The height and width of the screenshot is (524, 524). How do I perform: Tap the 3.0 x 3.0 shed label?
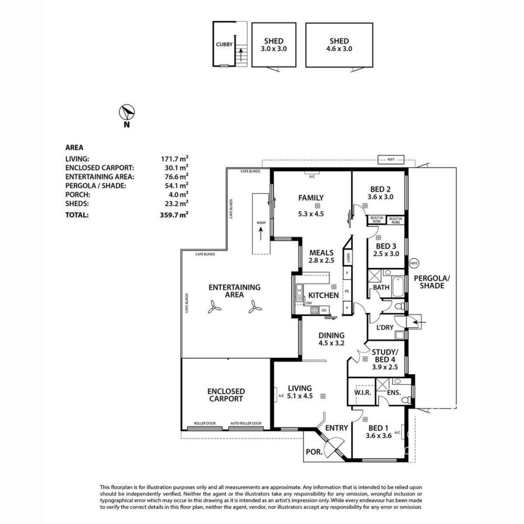click(x=274, y=45)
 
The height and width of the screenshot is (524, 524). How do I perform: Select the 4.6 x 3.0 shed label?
click(x=339, y=45)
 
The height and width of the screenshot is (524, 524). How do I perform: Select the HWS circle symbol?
click(x=414, y=263)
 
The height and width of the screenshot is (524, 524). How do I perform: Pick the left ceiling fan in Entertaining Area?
click(x=215, y=307)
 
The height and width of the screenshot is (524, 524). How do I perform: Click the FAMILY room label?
click(x=311, y=198)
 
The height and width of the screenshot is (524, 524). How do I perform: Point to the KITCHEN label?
click(x=323, y=295)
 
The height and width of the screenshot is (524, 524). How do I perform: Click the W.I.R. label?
click(x=361, y=392)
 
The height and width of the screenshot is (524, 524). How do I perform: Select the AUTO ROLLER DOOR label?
click(x=246, y=423)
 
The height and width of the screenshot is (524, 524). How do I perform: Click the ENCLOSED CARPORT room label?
click(x=226, y=395)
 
